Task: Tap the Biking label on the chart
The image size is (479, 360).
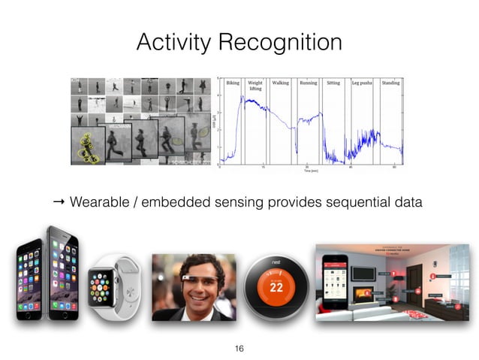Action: (x=233, y=83)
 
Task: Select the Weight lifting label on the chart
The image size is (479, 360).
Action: (x=255, y=86)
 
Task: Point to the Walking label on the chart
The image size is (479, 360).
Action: (x=281, y=83)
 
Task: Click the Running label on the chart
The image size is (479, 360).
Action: (x=309, y=83)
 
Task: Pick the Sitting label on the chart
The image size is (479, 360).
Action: (x=333, y=83)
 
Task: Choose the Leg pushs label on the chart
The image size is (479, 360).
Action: (x=363, y=83)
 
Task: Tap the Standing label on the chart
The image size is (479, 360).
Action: (x=390, y=83)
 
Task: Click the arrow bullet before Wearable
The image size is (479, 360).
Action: (x=59, y=202)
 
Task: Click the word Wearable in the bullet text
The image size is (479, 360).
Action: (x=99, y=202)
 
